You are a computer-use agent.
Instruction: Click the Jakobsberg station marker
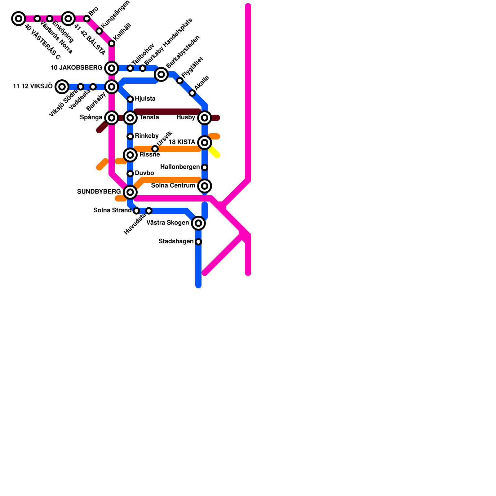pos(112,68)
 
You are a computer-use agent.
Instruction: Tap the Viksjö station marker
pos(62,87)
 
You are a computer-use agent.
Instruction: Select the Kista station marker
pos(205,143)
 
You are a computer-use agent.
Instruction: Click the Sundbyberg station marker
pos(130,192)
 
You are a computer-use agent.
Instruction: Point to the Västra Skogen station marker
pos(198,223)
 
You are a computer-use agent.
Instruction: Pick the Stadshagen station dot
pos(198,242)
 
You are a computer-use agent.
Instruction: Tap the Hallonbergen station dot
pos(205,167)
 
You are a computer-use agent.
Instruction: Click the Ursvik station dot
pos(155,149)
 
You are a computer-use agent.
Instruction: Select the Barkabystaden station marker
pos(161,74)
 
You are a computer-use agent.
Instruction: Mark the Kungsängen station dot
pos(99,31)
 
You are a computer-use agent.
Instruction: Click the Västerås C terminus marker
pos(19,19)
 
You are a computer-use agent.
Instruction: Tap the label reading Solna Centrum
pos(173,186)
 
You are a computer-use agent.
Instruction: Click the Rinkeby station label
pos(147,136)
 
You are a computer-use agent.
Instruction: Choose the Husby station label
pos(186,117)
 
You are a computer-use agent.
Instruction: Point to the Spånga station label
pos(91,117)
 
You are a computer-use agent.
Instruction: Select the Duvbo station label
pos(144,173)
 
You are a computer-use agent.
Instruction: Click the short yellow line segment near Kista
pos(214,152)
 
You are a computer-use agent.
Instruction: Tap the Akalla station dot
pos(192,93)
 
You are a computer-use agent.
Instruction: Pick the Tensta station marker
pos(130,118)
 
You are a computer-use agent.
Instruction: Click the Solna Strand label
pos(112,210)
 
